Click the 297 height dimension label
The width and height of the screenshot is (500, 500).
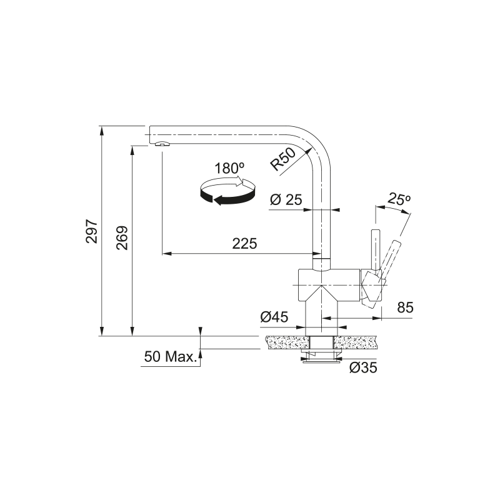[x=92, y=231]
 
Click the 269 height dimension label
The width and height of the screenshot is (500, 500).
[x=122, y=238]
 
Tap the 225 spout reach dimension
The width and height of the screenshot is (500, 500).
[x=244, y=244]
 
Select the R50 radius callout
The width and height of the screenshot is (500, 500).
[x=282, y=159]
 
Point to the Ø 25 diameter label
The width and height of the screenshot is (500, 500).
[x=286, y=200]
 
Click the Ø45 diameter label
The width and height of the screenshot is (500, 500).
[x=274, y=317]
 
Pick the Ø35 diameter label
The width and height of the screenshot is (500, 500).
[x=363, y=367]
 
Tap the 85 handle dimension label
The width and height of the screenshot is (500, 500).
[x=405, y=307]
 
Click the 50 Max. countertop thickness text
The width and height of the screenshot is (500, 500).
[x=170, y=356]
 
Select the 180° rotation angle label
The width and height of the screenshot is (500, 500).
[x=229, y=168]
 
